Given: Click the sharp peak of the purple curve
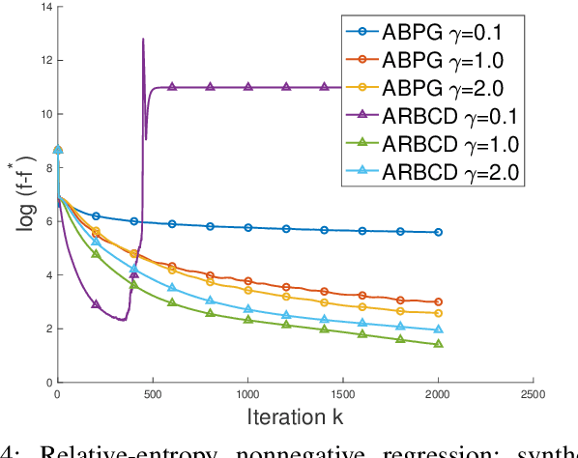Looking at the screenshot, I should pyautogui.click(x=143, y=40).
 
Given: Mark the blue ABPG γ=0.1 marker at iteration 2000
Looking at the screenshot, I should pyautogui.click(x=438, y=232).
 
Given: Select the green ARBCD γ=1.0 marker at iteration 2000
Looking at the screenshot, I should pyautogui.click(x=438, y=344).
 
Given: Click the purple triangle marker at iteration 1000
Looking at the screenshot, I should pyautogui.click(x=247, y=87).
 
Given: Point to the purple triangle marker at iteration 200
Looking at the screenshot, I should pyautogui.click(x=96, y=303).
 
